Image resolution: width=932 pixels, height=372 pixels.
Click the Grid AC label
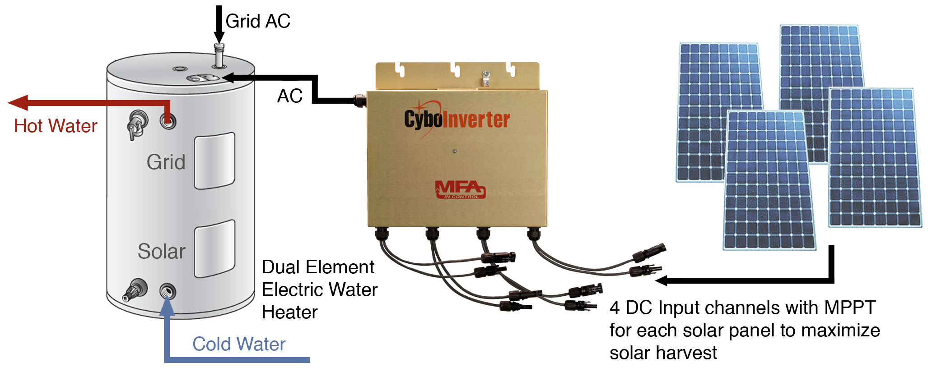coord(258,21)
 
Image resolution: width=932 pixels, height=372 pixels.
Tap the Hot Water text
coord(56,126)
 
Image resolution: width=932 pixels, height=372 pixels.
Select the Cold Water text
coord(239,344)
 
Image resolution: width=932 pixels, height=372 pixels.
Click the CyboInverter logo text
coord(457,119)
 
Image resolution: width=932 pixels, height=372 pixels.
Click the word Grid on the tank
coord(166,162)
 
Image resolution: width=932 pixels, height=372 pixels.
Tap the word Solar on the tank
coord(161,251)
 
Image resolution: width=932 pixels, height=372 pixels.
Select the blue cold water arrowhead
coord(167,306)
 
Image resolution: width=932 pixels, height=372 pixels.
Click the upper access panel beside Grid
coord(214,161)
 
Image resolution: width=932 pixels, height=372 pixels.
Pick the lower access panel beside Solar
coord(214,249)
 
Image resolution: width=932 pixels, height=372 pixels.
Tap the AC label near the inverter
coord(289,96)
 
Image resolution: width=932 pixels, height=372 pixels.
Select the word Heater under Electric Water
coord(289,312)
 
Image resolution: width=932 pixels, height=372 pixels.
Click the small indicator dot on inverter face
coord(455,152)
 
